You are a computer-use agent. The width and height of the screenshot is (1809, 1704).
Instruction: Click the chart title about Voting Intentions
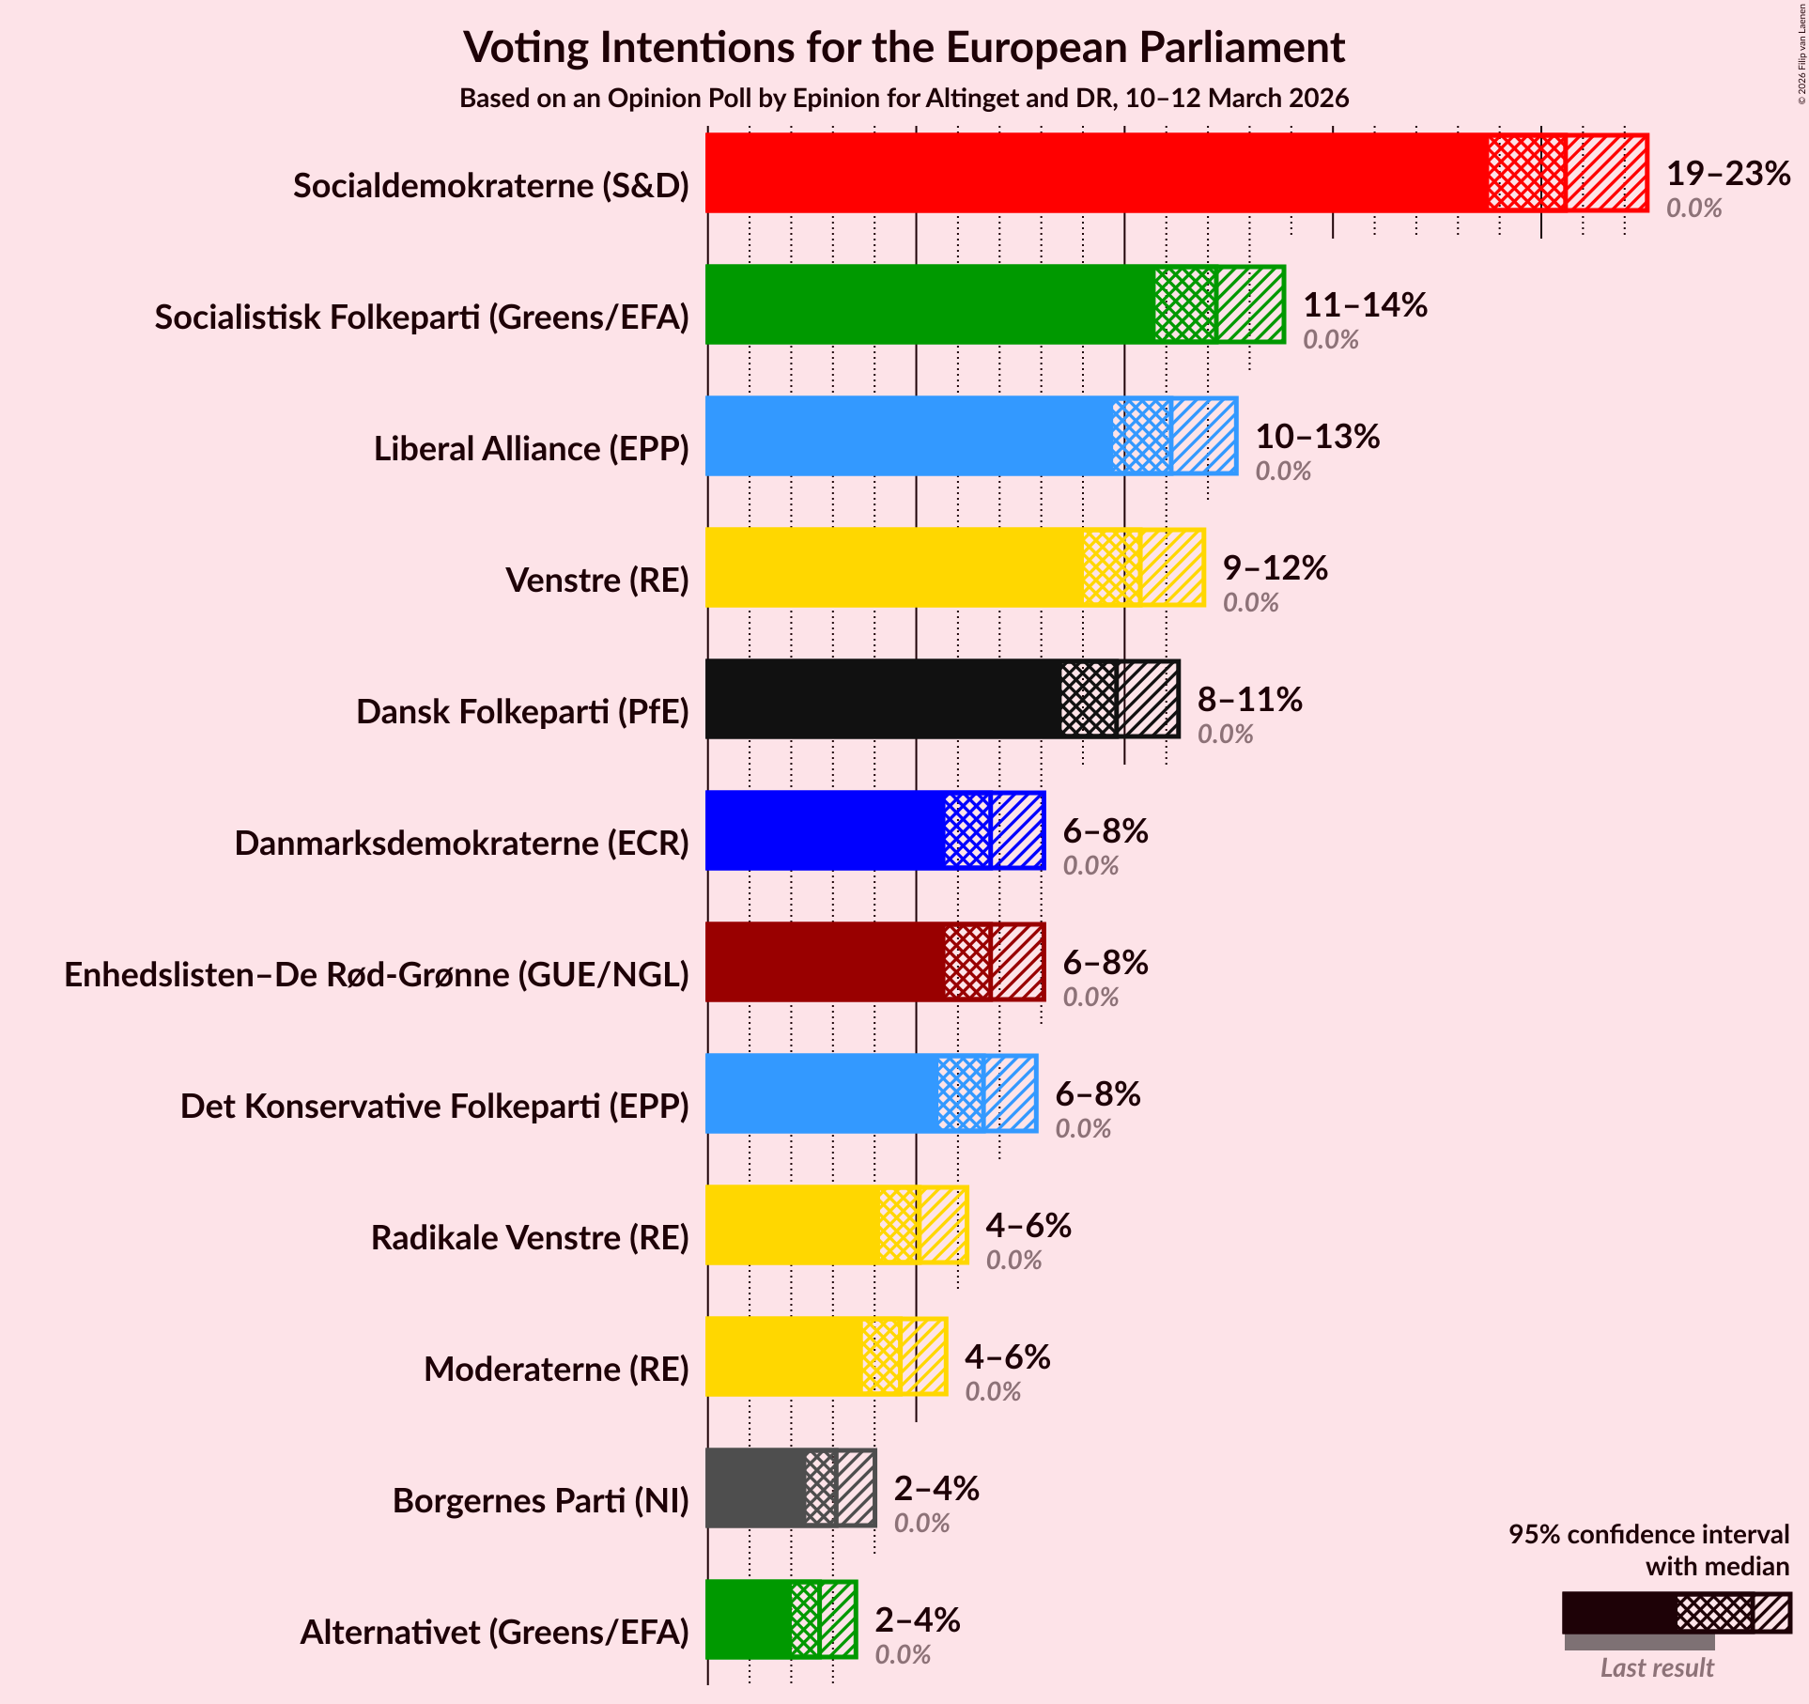click(x=904, y=48)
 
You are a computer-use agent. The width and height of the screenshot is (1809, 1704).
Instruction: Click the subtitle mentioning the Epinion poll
click(x=904, y=99)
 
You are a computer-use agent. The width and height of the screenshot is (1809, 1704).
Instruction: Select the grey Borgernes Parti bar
click(x=755, y=1488)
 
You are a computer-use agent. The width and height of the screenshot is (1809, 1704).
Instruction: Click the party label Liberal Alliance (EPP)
click(x=532, y=449)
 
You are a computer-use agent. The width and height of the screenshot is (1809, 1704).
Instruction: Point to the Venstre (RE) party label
click(x=597, y=581)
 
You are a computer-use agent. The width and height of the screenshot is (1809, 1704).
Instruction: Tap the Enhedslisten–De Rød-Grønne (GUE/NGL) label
click(x=377, y=975)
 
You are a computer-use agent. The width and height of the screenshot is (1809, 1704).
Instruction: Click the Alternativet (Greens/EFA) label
click(x=495, y=1633)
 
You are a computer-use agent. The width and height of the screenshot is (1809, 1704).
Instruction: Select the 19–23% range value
click(x=1728, y=174)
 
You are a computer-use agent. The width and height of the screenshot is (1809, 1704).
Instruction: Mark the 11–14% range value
click(x=1365, y=305)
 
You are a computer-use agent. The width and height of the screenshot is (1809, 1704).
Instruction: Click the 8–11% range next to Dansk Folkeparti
click(x=1249, y=700)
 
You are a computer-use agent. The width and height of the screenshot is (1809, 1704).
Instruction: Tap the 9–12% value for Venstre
click(x=1275, y=568)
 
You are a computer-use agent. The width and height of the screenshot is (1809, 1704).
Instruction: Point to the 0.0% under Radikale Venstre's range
click(x=1013, y=1261)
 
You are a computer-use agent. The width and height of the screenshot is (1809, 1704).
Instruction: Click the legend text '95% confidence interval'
click(x=1648, y=1535)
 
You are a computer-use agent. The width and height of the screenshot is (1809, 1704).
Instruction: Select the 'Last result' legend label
click(x=1657, y=1667)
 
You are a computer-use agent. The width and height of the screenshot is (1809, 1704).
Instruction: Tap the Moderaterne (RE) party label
click(x=556, y=1370)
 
